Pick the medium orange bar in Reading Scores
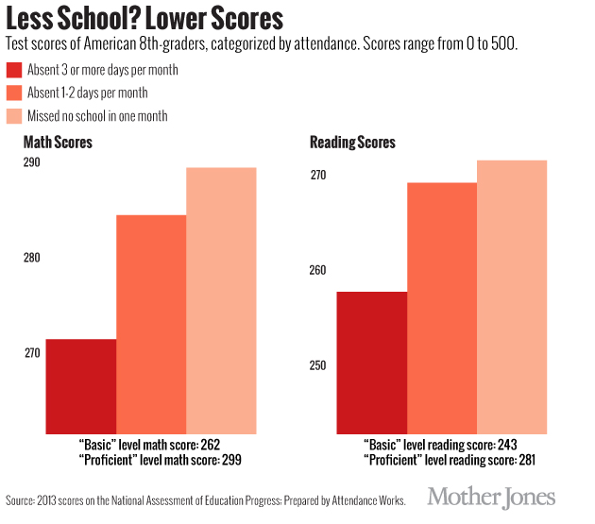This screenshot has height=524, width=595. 442,307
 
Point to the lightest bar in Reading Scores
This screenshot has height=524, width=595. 512,296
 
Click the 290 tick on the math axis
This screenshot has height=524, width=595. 33,163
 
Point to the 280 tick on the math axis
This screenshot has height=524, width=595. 33,258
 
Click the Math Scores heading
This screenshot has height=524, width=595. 58,143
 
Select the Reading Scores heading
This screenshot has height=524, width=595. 352,143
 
